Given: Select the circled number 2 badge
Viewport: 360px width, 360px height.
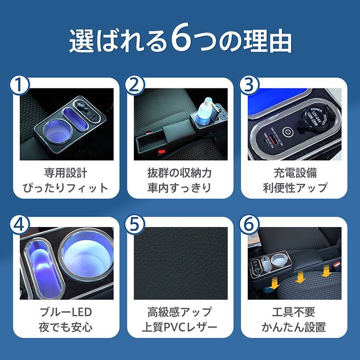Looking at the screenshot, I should tap(134, 85).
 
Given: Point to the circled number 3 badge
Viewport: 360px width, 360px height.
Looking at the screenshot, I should tap(249, 85).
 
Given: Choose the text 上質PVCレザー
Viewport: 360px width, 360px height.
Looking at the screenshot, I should tap(180, 328).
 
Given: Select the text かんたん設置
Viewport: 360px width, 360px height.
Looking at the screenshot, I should tap(295, 328).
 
